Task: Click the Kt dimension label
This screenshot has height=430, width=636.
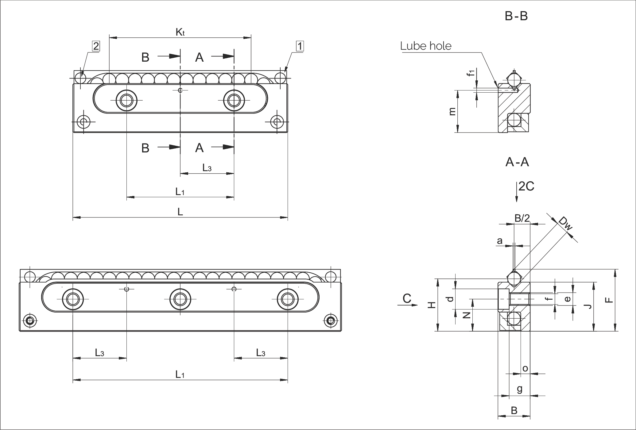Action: coord(180,32)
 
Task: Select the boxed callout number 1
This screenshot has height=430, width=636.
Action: coord(300,46)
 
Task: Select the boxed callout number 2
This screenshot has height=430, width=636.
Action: coord(96,46)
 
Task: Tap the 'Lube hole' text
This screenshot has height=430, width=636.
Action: coord(426,46)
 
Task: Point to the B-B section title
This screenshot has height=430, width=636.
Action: coord(516,16)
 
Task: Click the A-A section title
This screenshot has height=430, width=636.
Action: coord(517,162)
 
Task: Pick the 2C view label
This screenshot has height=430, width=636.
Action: coord(526,186)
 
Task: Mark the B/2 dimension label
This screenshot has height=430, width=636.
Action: coord(522,218)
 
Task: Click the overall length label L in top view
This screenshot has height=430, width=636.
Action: coord(180,212)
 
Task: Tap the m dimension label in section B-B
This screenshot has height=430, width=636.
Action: coord(452,112)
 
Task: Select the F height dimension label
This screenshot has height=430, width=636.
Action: coord(609,300)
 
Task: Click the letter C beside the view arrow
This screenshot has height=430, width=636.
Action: coord(407,298)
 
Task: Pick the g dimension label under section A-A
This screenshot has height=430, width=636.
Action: coord(519,389)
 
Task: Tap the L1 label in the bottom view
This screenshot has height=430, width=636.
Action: coord(180,374)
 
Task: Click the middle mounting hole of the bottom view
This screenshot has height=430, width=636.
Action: coord(180,299)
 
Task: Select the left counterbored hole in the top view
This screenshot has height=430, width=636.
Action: coord(126,100)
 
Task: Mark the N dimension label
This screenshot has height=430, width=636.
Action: coord(467,315)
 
